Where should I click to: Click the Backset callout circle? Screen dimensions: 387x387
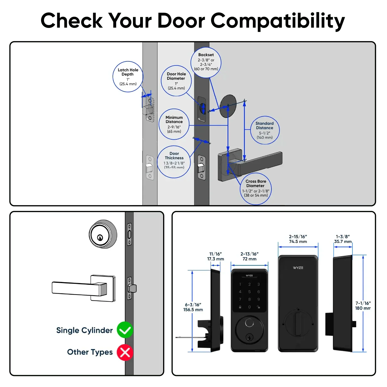pyautogui.click(x=206, y=62)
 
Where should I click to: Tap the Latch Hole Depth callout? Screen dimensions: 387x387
pyautogui.click(x=128, y=77)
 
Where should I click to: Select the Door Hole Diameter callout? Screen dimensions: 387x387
pyautogui.click(x=176, y=81)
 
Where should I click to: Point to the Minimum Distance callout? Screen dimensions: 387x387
pyautogui.click(x=174, y=124)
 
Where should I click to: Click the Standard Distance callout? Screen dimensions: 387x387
pyautogui.click(x=265, y=130)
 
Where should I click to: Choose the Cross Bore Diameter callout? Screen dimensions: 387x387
pyautogui.click(x=256, y=189)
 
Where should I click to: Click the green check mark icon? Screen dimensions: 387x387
pyautogui.click(x=125, y=330)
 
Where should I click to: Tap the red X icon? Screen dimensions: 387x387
pyautogui.click(x=125, y=352)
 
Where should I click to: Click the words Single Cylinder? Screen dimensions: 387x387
pyautogui.click(x=84, y=330)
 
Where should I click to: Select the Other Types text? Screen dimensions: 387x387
pyautogui.click(x=90, y=352)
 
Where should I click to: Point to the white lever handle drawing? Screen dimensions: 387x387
pyautogui.click(x=83, y=288)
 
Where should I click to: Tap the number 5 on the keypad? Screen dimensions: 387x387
pyautogui.click(x=249, y=292)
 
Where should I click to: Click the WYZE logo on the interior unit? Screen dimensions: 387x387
pyautogui.click(x=298, y=268)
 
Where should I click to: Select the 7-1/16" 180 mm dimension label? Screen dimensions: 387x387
pyautogui.click(x=363, y=305)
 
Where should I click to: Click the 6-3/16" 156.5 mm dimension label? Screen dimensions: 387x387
pyautogui.click(x=193, y=307)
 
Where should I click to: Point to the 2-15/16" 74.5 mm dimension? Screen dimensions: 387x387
pyautogui.click(x=298, y=239)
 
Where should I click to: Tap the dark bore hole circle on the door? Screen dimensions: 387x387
pyautogui.click(x=228, y=106)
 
